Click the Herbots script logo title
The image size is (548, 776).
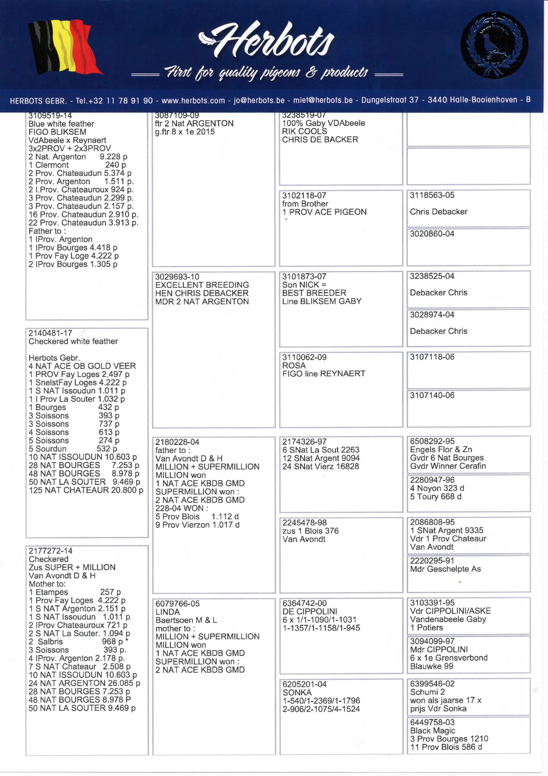point(270,40)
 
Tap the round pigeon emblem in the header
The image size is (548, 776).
point(494,45)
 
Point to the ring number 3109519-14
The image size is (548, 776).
point(50,116)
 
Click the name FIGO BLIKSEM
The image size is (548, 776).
point(57,132)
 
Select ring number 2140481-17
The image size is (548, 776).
point(50,333)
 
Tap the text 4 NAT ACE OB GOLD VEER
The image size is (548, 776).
point(82,366)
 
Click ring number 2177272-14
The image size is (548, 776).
point(50,551)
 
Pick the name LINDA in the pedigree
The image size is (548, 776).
point(168,612)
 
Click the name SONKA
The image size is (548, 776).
point(297,692)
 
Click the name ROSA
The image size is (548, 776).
point(294,365)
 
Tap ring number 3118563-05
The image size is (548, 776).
point(432,195)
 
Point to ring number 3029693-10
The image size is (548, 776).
point(177,276)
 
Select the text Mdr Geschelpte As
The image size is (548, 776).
point(445,569)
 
